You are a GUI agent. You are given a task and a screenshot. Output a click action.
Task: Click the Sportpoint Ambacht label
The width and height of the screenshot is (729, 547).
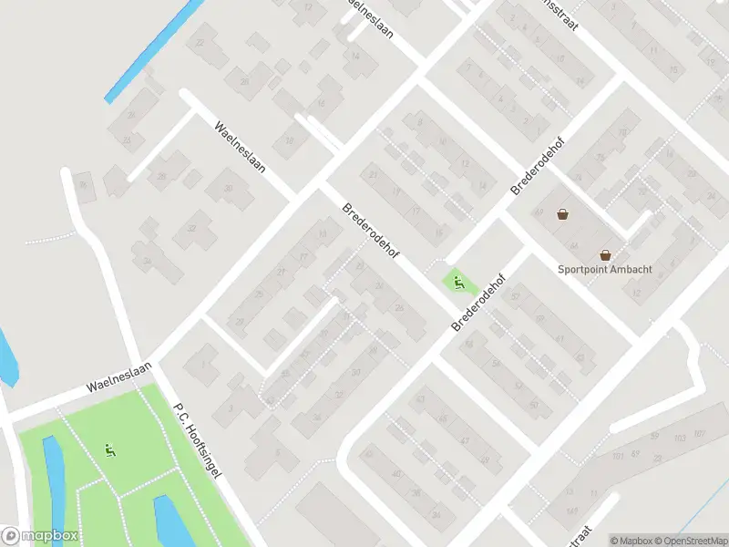[x=602, y=269]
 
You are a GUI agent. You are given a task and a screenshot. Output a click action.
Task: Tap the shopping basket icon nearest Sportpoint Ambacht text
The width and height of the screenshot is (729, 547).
[x=605, y=255]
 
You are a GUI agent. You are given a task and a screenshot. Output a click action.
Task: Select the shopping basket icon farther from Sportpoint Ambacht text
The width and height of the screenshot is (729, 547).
[x=563, y=215]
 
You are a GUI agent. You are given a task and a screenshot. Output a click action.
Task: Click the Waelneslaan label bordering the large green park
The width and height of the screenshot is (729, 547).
[x=118, y=376]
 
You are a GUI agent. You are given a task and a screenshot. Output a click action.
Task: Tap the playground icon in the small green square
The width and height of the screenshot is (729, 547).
[x=458, y=283]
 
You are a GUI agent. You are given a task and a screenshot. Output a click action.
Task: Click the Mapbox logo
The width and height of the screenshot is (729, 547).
[x=40, y=536]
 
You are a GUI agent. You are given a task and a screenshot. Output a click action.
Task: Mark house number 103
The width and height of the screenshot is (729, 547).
[x=679, y=439]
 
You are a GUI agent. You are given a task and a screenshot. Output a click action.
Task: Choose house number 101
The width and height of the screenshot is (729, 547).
[x=618, y=455]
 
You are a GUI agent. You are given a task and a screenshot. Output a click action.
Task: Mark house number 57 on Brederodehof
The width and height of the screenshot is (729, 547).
[x=516, y=295]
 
